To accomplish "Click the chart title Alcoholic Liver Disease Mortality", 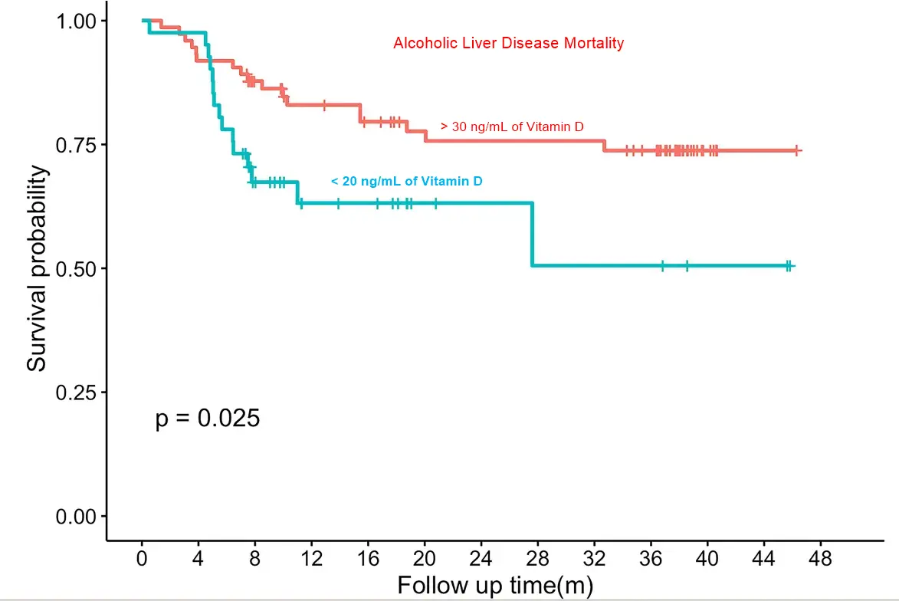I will (508, 43).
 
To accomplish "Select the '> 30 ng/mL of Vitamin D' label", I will (512, 126).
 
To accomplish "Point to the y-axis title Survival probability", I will (37, 268).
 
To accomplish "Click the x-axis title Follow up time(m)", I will (495, 586).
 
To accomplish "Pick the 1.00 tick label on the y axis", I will (77, 20).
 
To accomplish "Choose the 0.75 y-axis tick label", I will (77, 144).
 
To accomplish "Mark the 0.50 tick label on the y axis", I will (77, 268).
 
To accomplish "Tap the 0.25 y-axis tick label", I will (77, 392).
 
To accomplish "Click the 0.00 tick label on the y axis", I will (77, 516).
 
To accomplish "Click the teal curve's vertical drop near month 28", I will (532, 234).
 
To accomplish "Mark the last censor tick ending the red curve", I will (797, 151).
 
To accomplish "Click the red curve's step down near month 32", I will (604, 146).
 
